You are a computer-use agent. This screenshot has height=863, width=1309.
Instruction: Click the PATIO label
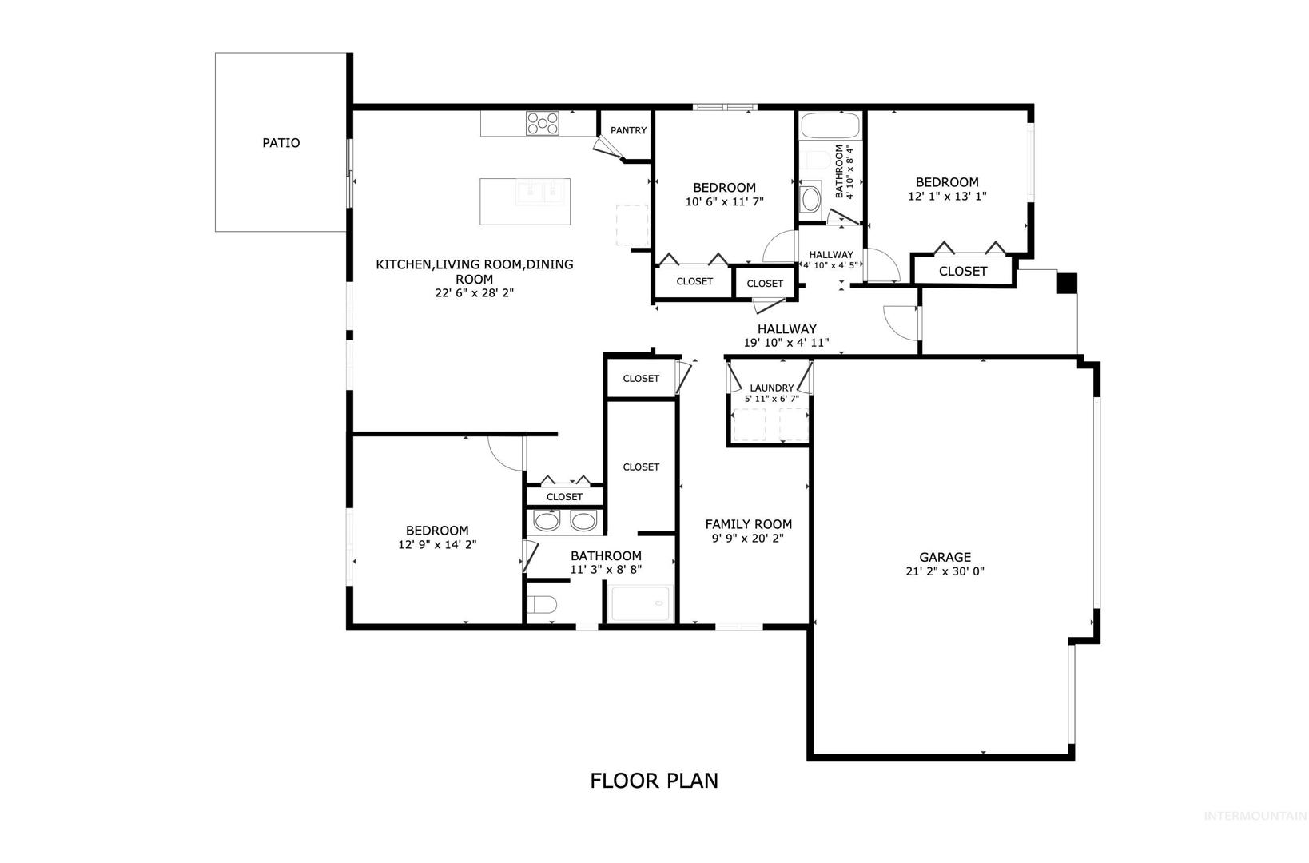click(280, 142)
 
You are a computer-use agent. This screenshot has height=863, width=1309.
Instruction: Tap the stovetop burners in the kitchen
click(543, 123)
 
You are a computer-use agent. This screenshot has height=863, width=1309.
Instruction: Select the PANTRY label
click(628, 130)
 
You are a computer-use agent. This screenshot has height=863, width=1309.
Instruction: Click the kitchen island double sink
click(543, 193)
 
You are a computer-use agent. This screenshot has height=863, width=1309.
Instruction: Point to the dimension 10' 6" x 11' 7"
click(724, 201)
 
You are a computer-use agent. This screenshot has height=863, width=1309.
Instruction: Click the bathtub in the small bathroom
click(830, 125)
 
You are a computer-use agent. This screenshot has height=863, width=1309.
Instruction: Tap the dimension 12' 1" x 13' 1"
click(947, 197)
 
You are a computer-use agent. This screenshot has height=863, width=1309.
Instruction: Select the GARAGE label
click(945, 557)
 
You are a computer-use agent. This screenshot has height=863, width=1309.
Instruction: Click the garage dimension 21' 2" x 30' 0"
click(945, 571)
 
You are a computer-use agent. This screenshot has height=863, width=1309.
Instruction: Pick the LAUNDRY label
click(771, 388)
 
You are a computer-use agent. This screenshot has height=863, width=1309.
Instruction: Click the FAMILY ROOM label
click(748, 524)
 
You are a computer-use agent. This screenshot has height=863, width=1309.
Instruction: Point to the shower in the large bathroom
click(640, 603)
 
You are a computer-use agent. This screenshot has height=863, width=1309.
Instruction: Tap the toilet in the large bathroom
click(541, 604)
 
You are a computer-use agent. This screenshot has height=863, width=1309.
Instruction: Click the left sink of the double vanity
click(547, 521)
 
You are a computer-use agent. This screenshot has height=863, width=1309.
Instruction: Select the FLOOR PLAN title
click(654, 781)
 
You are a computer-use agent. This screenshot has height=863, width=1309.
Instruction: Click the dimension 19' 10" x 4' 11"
click(786, 343)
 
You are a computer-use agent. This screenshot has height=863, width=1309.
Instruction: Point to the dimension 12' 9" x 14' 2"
click(437, 544)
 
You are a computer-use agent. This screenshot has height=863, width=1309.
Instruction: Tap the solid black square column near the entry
click(1067, 284)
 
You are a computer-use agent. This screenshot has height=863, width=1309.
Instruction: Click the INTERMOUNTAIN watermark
click(1255, 816)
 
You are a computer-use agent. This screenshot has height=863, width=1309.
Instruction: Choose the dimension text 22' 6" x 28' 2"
click(474, 292)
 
